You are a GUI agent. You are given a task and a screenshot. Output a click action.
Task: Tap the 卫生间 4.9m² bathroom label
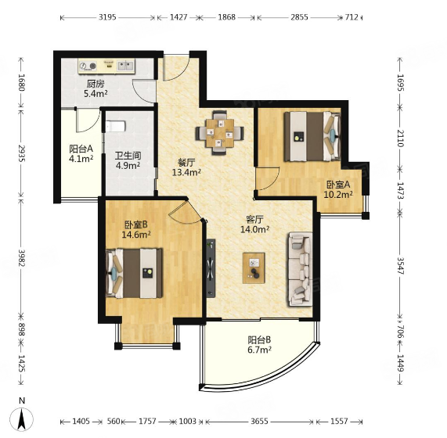[x=128, y=160]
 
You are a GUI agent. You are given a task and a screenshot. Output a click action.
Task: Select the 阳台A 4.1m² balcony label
[x=81, y=153]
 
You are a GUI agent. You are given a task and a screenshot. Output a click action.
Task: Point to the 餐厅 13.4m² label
[x=186, y=167]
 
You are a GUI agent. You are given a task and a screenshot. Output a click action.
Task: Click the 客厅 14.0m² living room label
[x=255, y=224]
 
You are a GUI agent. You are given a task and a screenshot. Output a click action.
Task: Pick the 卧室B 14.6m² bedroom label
[x=136, y=229]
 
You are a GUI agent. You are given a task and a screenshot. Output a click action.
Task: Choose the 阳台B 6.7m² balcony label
[x=259, y=345]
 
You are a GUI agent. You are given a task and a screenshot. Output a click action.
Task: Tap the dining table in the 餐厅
[x=219, y=133]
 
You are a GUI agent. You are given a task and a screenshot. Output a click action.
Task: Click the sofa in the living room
[x=301, y=269]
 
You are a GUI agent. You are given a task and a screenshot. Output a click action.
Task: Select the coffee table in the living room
[x=254, y=268]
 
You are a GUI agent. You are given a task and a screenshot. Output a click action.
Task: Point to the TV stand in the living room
[x=211, y=268]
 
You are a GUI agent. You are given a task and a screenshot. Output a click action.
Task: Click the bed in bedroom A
[x=312, y=136]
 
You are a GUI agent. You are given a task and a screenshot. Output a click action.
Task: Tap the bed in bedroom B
[x=134, y=274]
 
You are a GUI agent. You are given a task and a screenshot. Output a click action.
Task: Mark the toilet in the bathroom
[x=115, y=126]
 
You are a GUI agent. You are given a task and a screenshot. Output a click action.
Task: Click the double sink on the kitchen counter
[x=125, y=66]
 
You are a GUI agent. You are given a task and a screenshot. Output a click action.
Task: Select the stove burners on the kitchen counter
[x=88, y=66]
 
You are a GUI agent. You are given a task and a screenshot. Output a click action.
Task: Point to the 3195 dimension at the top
[x=107, y=17]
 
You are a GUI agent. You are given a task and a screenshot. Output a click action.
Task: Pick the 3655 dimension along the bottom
[x=259, y=422]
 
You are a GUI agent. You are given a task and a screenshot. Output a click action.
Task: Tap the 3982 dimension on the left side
[x=21, y=258]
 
